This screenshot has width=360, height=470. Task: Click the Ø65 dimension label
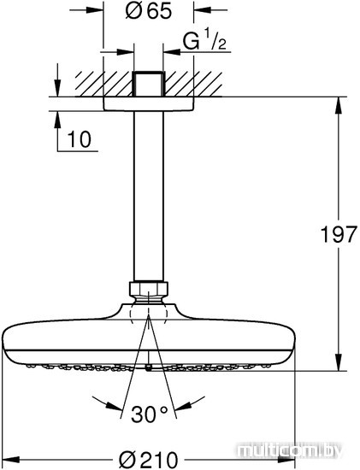click(x=149, y=12)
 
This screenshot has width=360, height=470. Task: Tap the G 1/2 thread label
click(x=204, y=39)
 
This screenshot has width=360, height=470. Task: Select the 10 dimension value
click(x=80, y=139)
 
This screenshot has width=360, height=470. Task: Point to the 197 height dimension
click(x=339, y=234)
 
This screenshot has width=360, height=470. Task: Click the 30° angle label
click(x=149, y=414)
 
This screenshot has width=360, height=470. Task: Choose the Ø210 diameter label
click(x=148, y=459)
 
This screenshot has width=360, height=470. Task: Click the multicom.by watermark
click(x=289, y=450)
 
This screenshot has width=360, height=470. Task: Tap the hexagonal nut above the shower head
click(x=149, y=289)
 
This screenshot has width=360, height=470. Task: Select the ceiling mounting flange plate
click(x=149, y=104)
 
